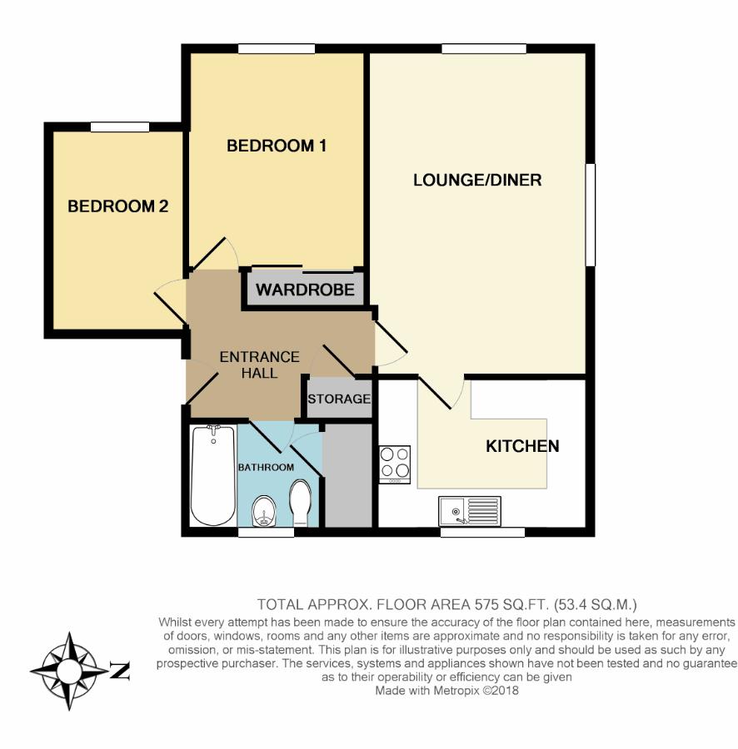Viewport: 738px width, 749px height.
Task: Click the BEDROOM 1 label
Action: coord(277,146)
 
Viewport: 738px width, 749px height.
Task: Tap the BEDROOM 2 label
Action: coord(118,206)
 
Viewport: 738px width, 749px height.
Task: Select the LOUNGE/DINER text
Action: coord(477,180)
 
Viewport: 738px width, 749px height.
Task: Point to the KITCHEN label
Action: coord(522,446)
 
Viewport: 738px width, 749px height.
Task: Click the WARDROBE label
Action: coord(305,290)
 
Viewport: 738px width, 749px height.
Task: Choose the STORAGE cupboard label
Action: coord(339,399)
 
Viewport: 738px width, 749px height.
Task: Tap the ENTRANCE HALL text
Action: coord(260,365)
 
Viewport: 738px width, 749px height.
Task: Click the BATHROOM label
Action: coord(267,467)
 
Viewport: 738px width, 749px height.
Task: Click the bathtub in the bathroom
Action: coord(213,475)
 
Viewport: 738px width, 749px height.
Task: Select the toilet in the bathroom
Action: coord(300,503)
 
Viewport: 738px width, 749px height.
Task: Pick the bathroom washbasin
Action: coord(264,511)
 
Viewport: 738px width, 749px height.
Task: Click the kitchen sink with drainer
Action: coord(470,511)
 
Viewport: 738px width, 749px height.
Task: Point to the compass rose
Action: coord(69,671)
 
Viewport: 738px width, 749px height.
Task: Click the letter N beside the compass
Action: coord(120,671)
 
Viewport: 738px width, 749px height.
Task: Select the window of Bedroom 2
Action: coord(120,127)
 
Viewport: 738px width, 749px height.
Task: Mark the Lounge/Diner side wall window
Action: coord(591,215)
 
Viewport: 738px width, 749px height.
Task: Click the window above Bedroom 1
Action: coord(277,49)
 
